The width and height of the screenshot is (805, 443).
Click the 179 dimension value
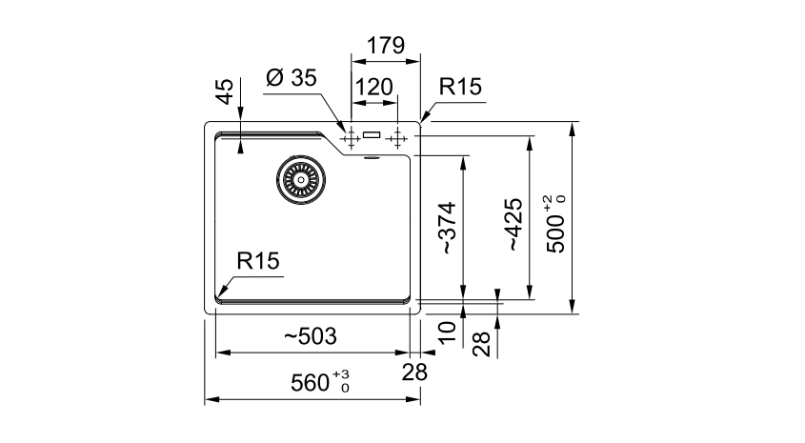pyautogui.click(x=386, y=46)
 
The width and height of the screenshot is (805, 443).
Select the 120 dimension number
pyautogui.click(x=373, y=88)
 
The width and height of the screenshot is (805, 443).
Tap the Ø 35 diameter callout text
pyautogui.click(x=292, y=79)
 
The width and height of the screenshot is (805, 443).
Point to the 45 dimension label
pyautogui.click(x=224, y=91)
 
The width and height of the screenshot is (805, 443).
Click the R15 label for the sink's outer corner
pyautogui.click(x=460, y=88)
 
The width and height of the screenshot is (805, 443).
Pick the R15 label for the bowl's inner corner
pyautogui.click(x=259, y=260)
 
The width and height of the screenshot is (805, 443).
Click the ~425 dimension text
pyautogui.click(x=513, y=225)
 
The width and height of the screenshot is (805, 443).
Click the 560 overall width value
pyautogui.click(x=312, y=383)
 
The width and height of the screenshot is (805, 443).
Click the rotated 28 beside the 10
pyautogui.click(x=482, y=344)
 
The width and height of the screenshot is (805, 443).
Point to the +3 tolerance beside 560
pyautogui.click(x=343, y=375)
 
